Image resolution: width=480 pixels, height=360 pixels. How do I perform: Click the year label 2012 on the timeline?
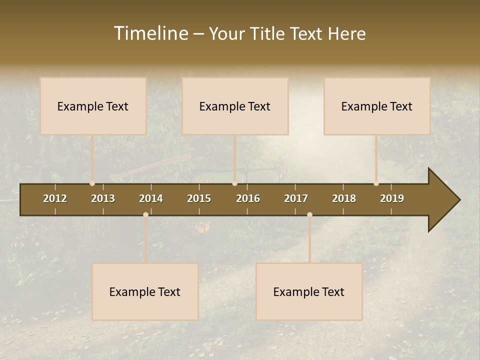(55, 198)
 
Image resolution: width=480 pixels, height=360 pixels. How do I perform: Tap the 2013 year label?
(103, 198)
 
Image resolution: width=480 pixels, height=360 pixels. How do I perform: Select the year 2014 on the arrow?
(151, 198)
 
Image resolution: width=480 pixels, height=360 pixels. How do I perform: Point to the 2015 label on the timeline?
(199, 198)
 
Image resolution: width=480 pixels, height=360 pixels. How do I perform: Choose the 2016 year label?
(248, 198)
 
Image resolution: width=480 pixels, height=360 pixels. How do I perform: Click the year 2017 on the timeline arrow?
(296, 198)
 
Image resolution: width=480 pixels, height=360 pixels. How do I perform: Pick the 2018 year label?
(344, 198)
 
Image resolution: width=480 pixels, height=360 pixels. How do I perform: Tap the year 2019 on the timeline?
(392, 198)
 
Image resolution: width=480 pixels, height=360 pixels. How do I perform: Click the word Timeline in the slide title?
(150, 33)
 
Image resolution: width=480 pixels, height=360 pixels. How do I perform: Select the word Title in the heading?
(269, 33)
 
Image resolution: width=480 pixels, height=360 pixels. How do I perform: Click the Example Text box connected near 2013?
(93, 106)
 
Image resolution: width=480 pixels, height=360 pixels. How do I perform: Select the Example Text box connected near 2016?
(235, 106)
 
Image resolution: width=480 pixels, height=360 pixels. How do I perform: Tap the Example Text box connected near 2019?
(377, 106)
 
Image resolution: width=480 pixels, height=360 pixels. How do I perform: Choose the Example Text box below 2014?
(145, 291)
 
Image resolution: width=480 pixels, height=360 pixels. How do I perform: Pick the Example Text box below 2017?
(309, 291)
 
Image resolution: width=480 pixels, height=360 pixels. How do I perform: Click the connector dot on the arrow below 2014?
(145, 214)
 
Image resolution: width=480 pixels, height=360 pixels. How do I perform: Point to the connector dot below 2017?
(309, 214)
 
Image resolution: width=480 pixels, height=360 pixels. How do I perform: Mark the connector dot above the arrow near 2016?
(234, 183)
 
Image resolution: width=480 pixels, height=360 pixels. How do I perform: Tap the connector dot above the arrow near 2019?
(376, 183)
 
